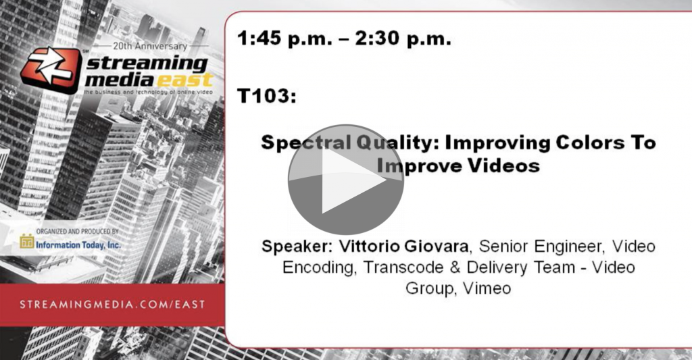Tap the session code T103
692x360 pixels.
pyautogui.click(x=266, y=96)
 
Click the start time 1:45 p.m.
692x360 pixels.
pyautogui.click(x=285, y=38)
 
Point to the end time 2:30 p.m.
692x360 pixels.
pyautogui.click(x=403, y=38)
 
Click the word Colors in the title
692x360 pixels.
pyautogui.click(x=589, y=143)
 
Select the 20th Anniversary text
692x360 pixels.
pyautogui.click(x=150, y=45)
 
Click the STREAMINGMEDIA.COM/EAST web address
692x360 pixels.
pyautogui.click(x=112, y=305)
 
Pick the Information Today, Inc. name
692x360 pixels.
pyautogui.click(x=78, y=245)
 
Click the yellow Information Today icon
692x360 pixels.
pyautogui.click(x=27, y=241)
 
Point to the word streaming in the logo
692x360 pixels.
pyautogui.click(x=146, y=64)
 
